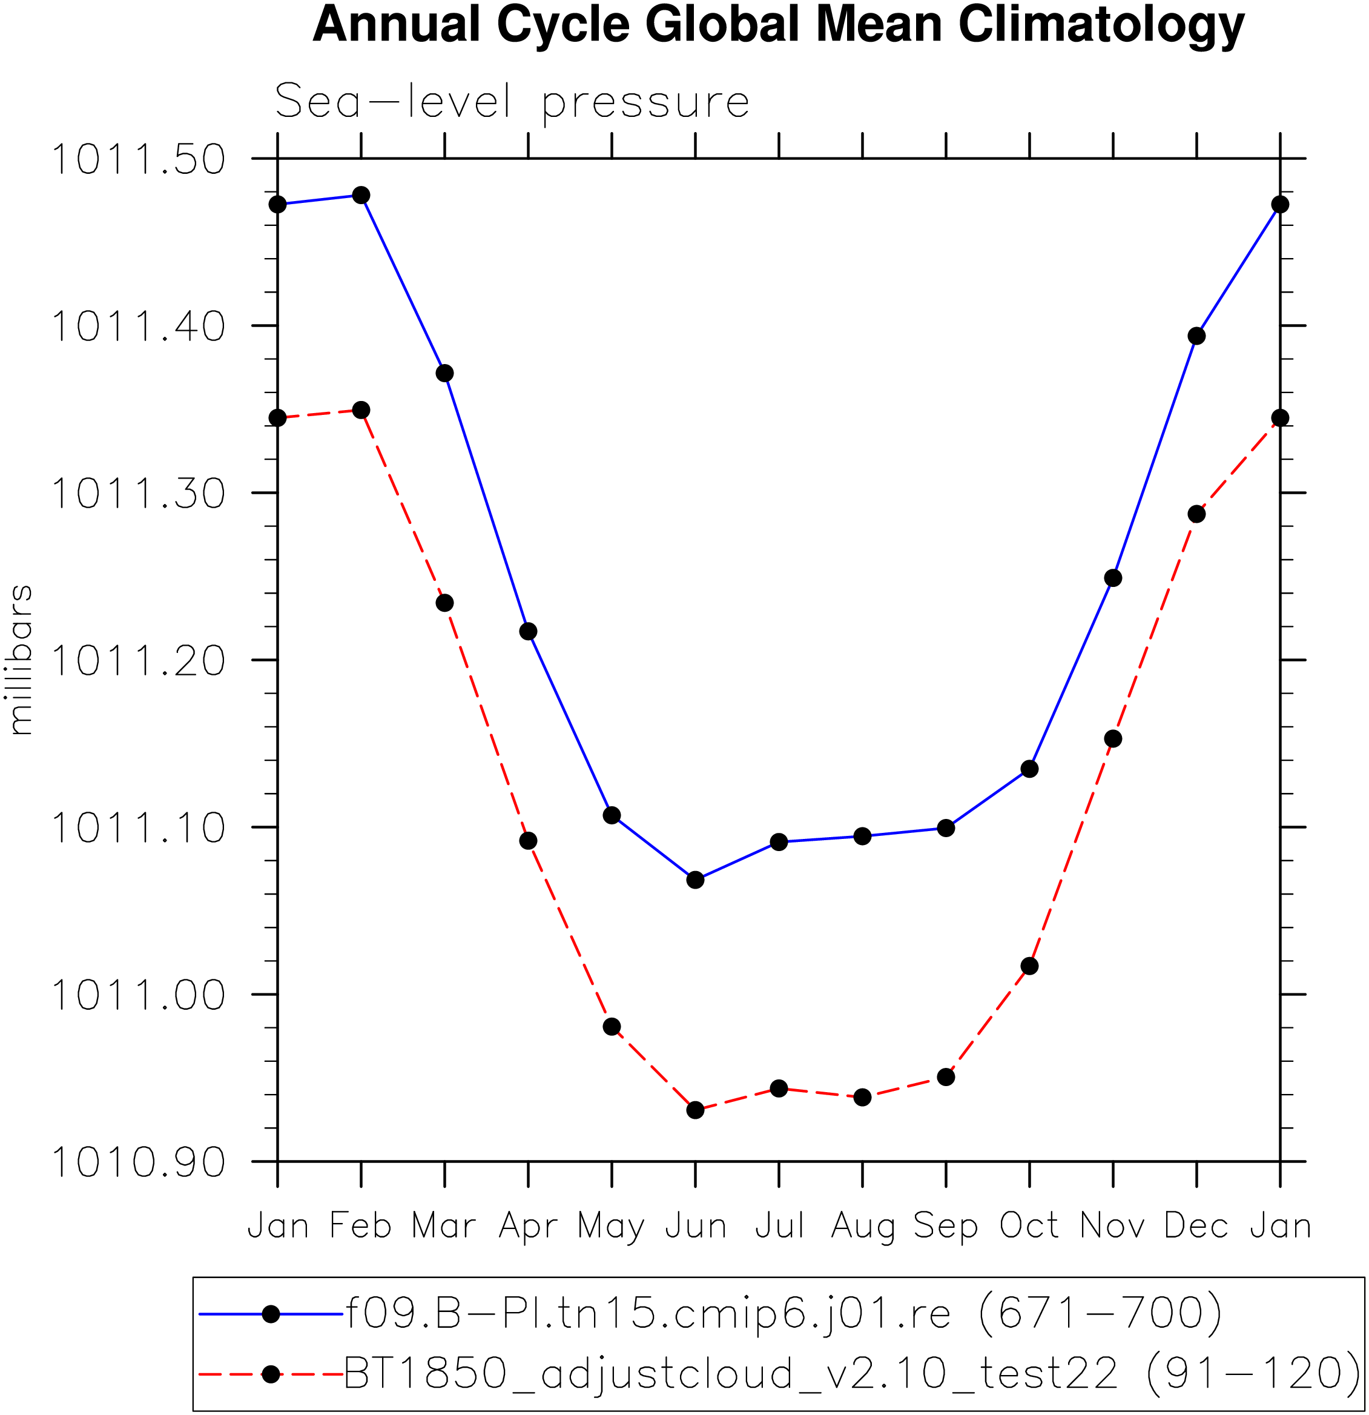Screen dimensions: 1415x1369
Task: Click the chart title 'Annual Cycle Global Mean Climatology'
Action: tap(778, 25)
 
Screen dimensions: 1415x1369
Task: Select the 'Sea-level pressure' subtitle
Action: tap(512, 102)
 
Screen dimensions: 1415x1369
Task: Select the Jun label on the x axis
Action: tap(695, 1227)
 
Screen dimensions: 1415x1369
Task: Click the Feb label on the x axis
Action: tap(361, 1227)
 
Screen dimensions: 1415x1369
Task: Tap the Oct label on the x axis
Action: tap(1029, 1227)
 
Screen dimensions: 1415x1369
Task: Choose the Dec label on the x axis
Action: tap(1196, 1227)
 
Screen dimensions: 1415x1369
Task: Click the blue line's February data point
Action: tap(361, 196)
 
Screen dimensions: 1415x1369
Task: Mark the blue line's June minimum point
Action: tap(695, 880)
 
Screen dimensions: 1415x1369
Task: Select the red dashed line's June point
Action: tap(695, 1110)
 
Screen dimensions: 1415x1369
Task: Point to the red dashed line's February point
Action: tap(361, 411)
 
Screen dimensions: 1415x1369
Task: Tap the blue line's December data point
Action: tap(1196, 336)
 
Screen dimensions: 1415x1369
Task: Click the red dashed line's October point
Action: tap(1030, 967)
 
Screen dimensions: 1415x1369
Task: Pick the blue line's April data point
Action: tap(528, 632)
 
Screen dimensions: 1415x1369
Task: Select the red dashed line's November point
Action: tap(1113, 738)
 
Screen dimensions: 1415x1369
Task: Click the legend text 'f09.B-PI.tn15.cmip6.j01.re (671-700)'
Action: tap(783, 1314)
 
